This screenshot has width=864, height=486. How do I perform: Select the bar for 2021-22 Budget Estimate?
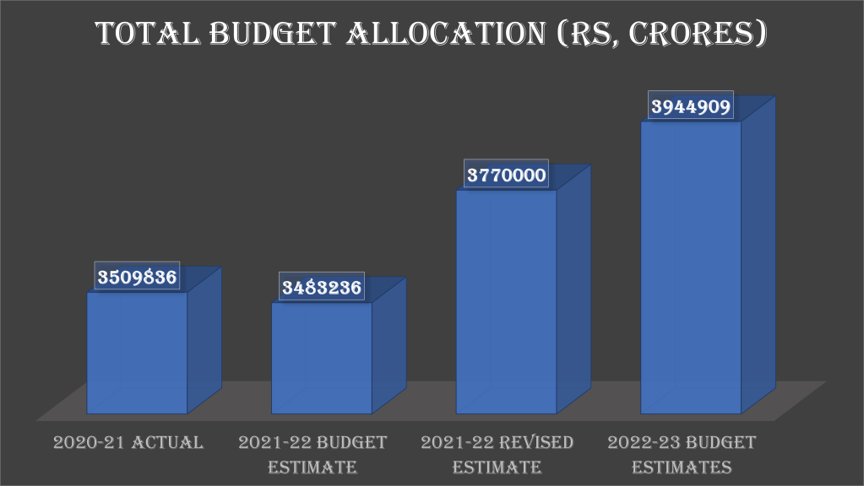321,358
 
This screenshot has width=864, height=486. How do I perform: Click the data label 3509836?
137,277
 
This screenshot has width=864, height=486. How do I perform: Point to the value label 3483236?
321,288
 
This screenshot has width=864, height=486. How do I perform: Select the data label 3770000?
507,175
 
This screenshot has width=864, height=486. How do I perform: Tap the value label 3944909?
691,106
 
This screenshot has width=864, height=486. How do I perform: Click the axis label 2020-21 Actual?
128,442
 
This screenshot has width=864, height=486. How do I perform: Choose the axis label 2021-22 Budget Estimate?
312,454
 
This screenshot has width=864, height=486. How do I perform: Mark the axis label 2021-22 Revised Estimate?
497,454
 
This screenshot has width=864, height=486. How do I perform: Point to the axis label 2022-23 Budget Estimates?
682,454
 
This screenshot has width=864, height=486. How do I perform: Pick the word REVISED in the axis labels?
535,442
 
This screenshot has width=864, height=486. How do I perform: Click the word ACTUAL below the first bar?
167,442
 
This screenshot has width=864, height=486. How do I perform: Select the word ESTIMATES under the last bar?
682,467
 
